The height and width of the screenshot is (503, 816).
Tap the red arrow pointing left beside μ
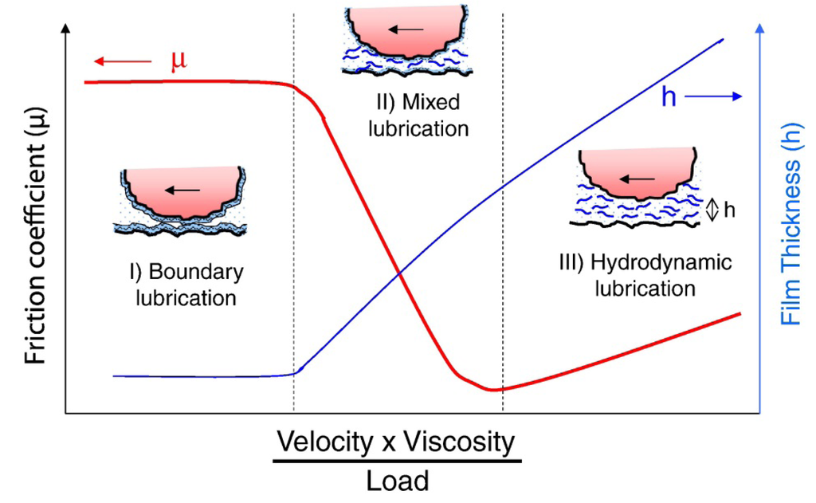point(121,61)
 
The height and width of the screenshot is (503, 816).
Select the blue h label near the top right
point(669,96)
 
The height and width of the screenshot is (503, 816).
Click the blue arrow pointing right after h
point(713,96)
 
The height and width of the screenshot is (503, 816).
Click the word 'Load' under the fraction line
point(397,481)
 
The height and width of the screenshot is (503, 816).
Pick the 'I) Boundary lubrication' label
point(186,285)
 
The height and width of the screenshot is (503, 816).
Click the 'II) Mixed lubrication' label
point(418,115)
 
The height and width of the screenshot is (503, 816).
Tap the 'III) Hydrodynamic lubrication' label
point(645,275)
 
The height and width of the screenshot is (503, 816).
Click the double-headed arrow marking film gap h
point(712,210)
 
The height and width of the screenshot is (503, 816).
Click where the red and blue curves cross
point(399,274)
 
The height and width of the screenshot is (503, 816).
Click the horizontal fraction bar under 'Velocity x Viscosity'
point(397,461)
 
